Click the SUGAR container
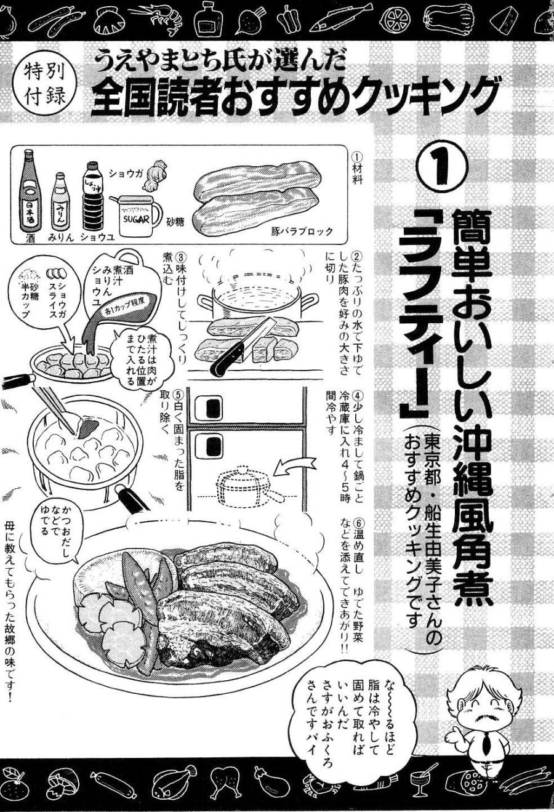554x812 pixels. coord(135,215)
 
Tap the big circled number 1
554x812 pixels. coord(441,163)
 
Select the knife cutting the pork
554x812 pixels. coord(243,348)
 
